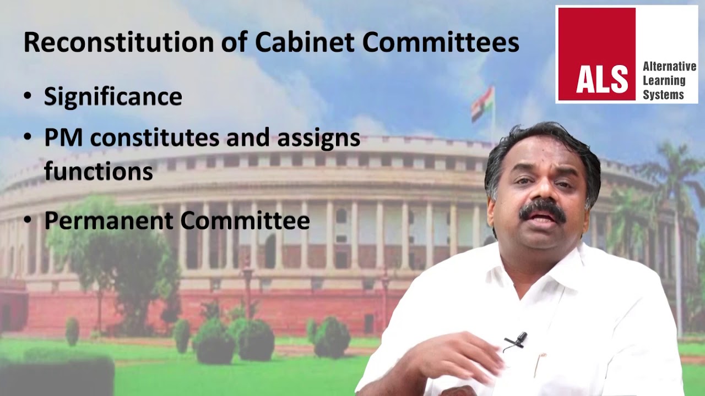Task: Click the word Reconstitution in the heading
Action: [x=118, y=43]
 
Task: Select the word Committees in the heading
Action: [x=441, y=43]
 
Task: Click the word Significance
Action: [x=113, y=97]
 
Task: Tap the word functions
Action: [x=98, y=171]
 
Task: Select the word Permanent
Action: [x=109, y=221]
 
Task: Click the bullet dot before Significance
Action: [x=28, y=97]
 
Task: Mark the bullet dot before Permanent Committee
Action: [x=28, y=221]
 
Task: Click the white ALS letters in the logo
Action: [x=602, y=79]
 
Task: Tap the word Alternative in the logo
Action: [x=669, y=67]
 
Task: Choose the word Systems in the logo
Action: [x=663, y=95]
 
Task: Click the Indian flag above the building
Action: [x=482, y=103]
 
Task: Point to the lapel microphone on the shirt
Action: [x=516, y=342]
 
